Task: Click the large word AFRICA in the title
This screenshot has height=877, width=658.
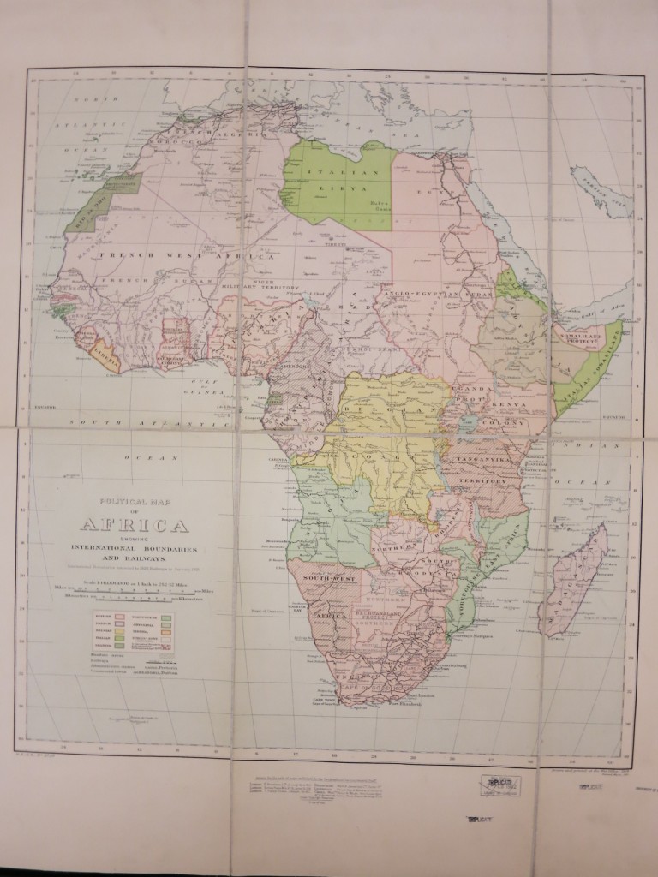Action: (135, 525)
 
